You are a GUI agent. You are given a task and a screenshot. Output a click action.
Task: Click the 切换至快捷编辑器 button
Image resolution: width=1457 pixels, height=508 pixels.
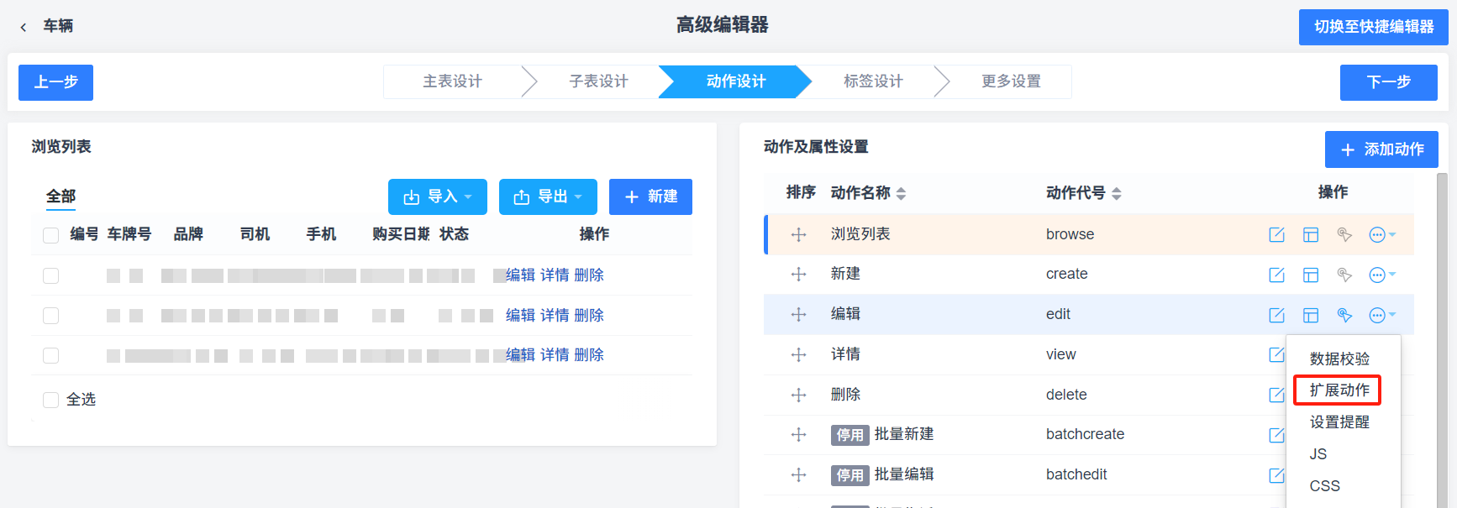coord(1374,27)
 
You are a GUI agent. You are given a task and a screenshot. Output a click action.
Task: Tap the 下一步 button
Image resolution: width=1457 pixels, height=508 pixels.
coord(1388,82)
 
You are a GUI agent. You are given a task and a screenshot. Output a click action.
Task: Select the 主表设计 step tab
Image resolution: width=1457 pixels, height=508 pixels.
coord(452,81)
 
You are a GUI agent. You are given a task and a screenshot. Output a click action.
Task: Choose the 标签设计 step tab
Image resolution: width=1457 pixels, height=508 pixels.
coord(873,81)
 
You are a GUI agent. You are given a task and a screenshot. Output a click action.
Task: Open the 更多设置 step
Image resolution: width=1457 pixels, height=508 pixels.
coord(1011,81)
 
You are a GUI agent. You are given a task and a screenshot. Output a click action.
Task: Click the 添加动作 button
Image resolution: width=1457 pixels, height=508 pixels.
coord(1381,149)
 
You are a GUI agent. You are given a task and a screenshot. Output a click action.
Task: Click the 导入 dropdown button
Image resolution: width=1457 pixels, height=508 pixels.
coord(437,196)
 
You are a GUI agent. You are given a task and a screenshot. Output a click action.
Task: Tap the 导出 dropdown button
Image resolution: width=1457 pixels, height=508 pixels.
coord(548,196)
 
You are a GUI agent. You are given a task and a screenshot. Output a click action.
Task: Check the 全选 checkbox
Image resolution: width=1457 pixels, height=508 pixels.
coord(51,400)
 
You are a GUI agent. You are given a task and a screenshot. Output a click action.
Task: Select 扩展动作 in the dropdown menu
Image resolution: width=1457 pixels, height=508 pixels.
coord(1339,390)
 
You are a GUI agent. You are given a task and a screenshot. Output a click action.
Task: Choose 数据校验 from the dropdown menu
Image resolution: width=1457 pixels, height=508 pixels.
coord(1339,359)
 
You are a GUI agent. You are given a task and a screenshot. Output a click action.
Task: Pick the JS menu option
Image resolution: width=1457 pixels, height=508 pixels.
coord(1318,454)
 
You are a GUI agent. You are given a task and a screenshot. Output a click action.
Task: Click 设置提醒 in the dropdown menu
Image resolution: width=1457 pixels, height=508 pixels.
coord(1339,422)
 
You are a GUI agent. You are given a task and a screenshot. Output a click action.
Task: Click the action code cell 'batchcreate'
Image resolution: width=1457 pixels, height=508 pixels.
coord(1085,434)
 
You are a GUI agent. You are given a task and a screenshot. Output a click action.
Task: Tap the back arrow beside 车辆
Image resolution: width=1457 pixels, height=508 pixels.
coord(24,27)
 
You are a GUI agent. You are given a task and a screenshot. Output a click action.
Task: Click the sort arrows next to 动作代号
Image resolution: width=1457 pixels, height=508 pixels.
coord(1117,194)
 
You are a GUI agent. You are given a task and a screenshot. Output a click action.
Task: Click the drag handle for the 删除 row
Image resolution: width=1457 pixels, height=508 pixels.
coord(798,395)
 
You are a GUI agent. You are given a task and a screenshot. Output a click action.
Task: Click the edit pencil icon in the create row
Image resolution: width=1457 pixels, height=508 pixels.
coord(1276,275)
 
